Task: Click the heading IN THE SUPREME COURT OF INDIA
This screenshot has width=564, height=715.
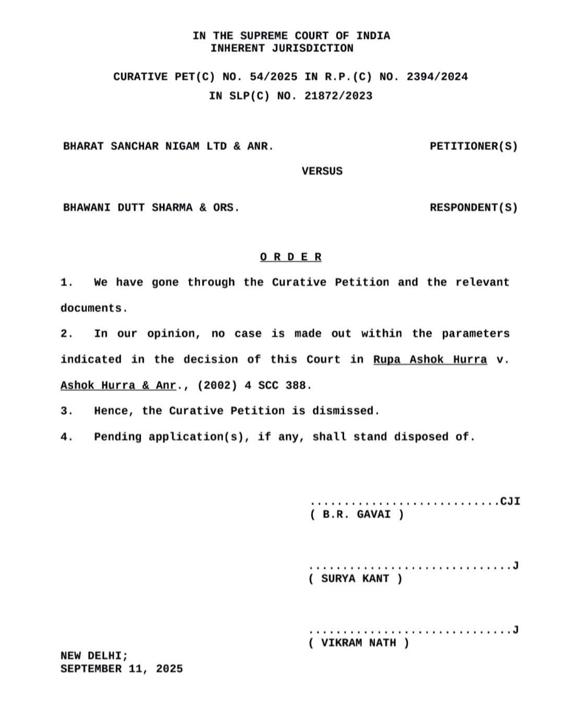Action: click(291, 36)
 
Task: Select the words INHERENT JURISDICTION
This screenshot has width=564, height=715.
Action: click(282, 48)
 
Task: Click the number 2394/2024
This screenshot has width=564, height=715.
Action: click(437, 77)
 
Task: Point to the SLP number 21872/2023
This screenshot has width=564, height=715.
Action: click(338, 96)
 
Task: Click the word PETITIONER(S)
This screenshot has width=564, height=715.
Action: click(473, 146)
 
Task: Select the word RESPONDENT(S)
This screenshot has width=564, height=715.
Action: click(473, 207)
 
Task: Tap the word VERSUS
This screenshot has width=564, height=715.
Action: click(322, 171)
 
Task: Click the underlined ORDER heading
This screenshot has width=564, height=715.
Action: click(291, 257)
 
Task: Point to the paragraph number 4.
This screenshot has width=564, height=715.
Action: click(66, 437)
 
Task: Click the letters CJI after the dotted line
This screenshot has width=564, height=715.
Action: click(510, 501)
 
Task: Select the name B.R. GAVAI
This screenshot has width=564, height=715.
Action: click(357, 514)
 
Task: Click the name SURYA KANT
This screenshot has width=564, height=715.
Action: click(355, 579)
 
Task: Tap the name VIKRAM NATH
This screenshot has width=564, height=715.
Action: click(358, 643)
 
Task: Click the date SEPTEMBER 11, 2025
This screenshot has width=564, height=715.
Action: click(122, 669)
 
